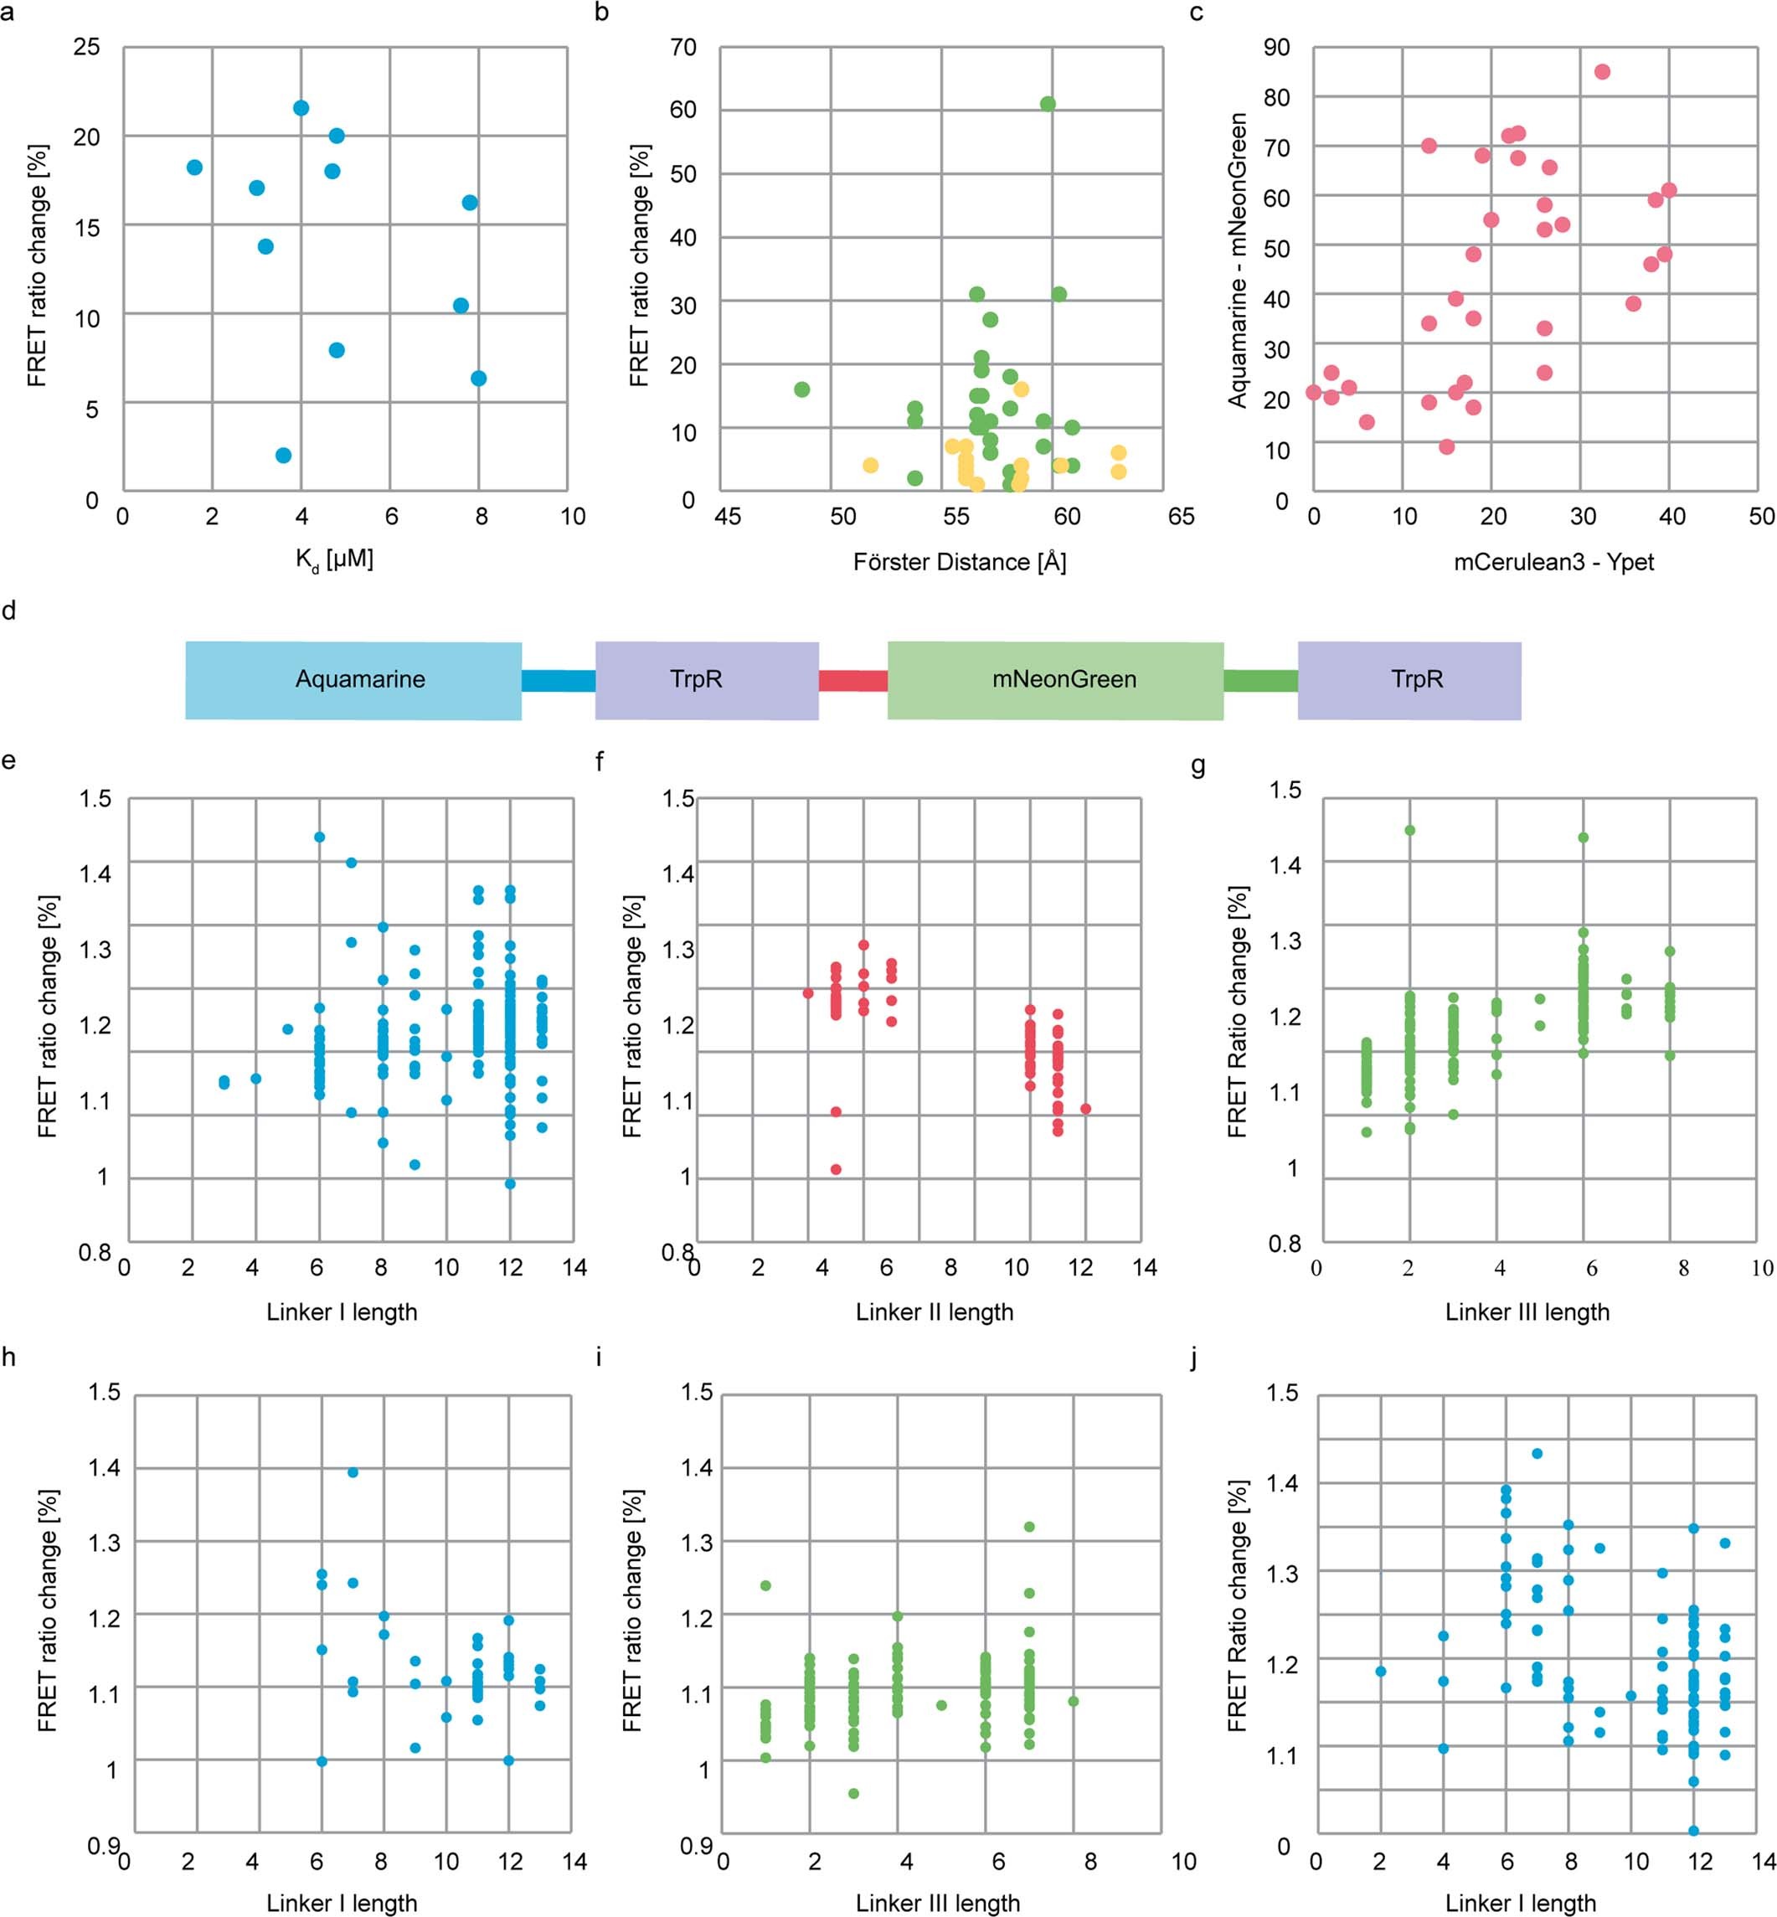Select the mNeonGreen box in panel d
[x=1055, y=680]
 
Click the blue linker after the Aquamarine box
[x=558, y=681]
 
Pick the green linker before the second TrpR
[x=1259, y=681]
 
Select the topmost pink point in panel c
[x=1602, y=72]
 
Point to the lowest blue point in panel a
[x=283, y=455]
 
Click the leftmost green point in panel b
[x=802, y=389]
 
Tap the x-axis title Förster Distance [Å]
[x=959, y=562]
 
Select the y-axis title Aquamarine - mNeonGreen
[x=1238, y=260]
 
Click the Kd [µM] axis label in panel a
[x=333, y=559]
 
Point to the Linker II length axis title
[x=934, y=1312]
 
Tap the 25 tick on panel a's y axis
[x=86, y=46]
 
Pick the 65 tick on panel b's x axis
[x=1180, y=517]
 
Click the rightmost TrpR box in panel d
[x=1409, y=680]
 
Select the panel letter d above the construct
[x=8, y=611]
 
